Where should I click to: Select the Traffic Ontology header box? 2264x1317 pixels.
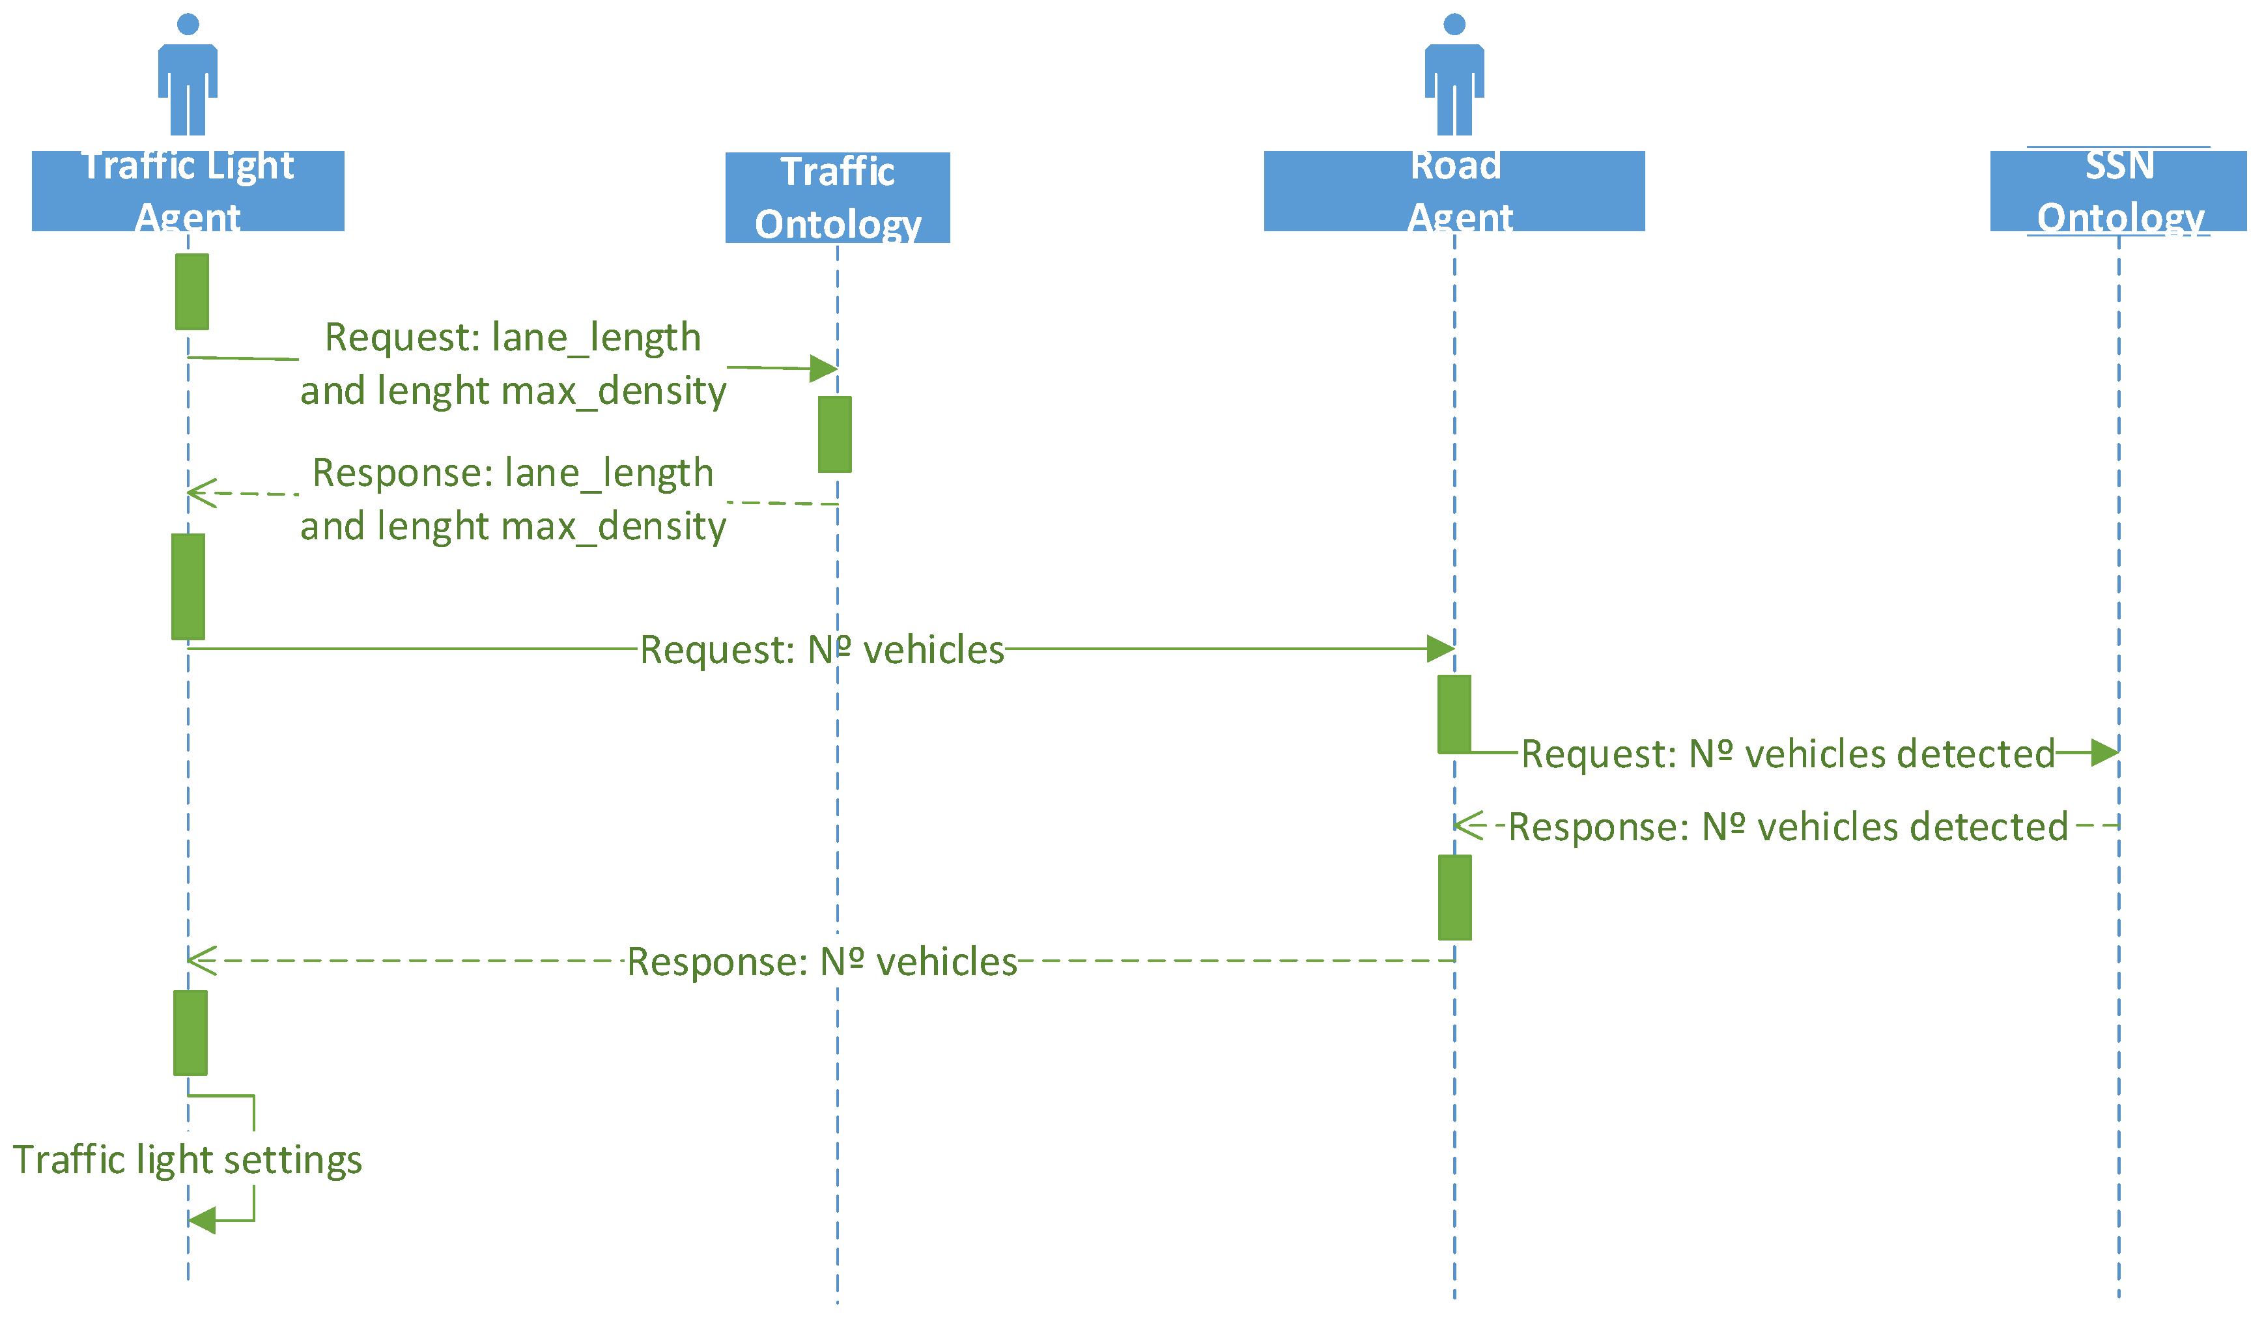point(838,197)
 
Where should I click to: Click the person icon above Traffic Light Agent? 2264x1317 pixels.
point(188,76)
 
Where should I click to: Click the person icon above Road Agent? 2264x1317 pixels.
point(1454,76)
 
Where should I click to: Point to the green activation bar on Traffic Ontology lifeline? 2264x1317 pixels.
point(834,434)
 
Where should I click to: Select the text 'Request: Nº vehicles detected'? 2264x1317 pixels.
point(1788,754)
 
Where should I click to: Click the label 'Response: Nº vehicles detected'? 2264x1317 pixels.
point(1788,827)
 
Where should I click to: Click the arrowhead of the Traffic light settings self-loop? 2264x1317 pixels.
point(202,1220)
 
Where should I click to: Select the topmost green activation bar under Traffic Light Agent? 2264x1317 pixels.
point(192,292)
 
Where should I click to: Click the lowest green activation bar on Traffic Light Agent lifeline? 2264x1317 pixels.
point(190,1033)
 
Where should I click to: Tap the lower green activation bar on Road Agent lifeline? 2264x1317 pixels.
point(1454,898)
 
